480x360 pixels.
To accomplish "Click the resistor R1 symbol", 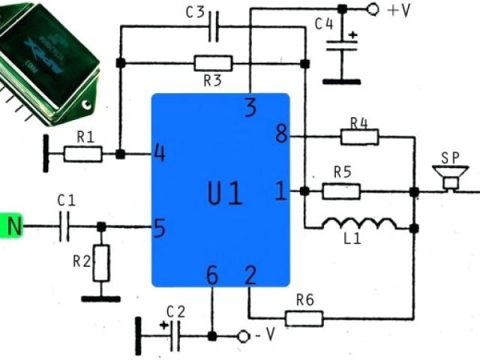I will pos(83,154).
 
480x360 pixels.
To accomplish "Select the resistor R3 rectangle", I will pos(213,63).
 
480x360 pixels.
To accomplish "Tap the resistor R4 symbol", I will pos(360,136).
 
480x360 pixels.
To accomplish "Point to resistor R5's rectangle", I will pos(341,191).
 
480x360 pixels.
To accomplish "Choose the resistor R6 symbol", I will pos(304,319).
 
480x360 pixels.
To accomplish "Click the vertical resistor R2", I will pos(101,262).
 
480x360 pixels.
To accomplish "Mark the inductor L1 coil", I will pos(359,223).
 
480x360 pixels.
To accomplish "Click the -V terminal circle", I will pos(243,336).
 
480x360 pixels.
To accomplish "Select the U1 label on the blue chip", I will pos(225,193).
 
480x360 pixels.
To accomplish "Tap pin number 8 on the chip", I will pos(281,136).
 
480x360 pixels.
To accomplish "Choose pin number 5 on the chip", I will pos(159,226).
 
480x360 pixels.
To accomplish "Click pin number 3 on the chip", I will pos(250,109).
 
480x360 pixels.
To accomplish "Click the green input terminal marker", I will pos(11,226).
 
